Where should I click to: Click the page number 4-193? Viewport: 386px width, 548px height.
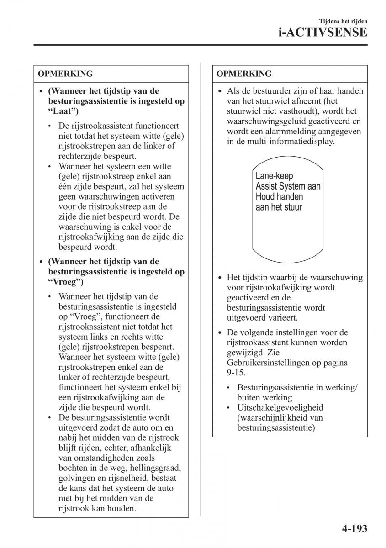click(354, 530)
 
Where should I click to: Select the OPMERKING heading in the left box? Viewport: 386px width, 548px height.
click(65, 74)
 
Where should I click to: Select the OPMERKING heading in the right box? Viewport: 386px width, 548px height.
click(244, 74)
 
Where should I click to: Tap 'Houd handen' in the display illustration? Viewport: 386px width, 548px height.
click(279, 197)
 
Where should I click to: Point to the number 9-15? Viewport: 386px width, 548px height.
click(236, 373)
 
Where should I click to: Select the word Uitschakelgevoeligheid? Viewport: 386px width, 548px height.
click(280, 408)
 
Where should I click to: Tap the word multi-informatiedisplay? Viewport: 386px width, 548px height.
click(286, 142)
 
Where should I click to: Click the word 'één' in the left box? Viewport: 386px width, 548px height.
click(66, 186)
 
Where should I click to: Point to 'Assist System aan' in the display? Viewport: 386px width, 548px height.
click(288, 186)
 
